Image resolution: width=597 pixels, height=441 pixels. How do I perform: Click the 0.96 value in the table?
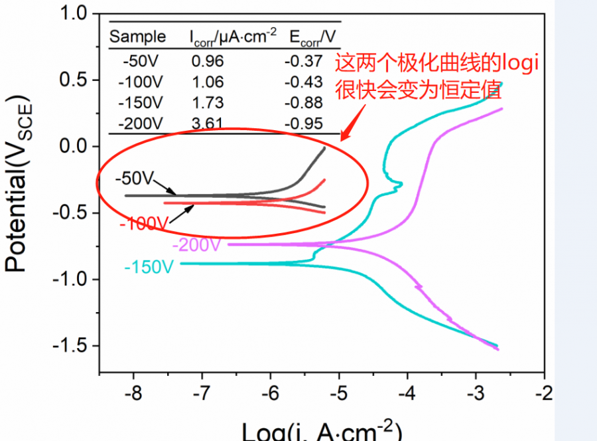coord(208,62)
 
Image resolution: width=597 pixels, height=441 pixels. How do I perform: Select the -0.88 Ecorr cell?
coord(304,103)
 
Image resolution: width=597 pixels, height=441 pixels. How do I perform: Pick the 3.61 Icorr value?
coord(208,124)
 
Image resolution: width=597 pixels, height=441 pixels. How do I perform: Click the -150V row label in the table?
coord(140,103)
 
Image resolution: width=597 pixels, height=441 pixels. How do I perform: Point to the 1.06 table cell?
coord(208,82)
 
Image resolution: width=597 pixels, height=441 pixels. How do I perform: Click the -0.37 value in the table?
coord(304,62)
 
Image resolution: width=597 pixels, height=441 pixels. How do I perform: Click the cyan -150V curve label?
coord(149,267)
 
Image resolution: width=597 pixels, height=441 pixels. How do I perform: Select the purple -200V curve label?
coord(196,245)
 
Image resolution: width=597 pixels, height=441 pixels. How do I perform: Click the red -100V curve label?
coord(144,224)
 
